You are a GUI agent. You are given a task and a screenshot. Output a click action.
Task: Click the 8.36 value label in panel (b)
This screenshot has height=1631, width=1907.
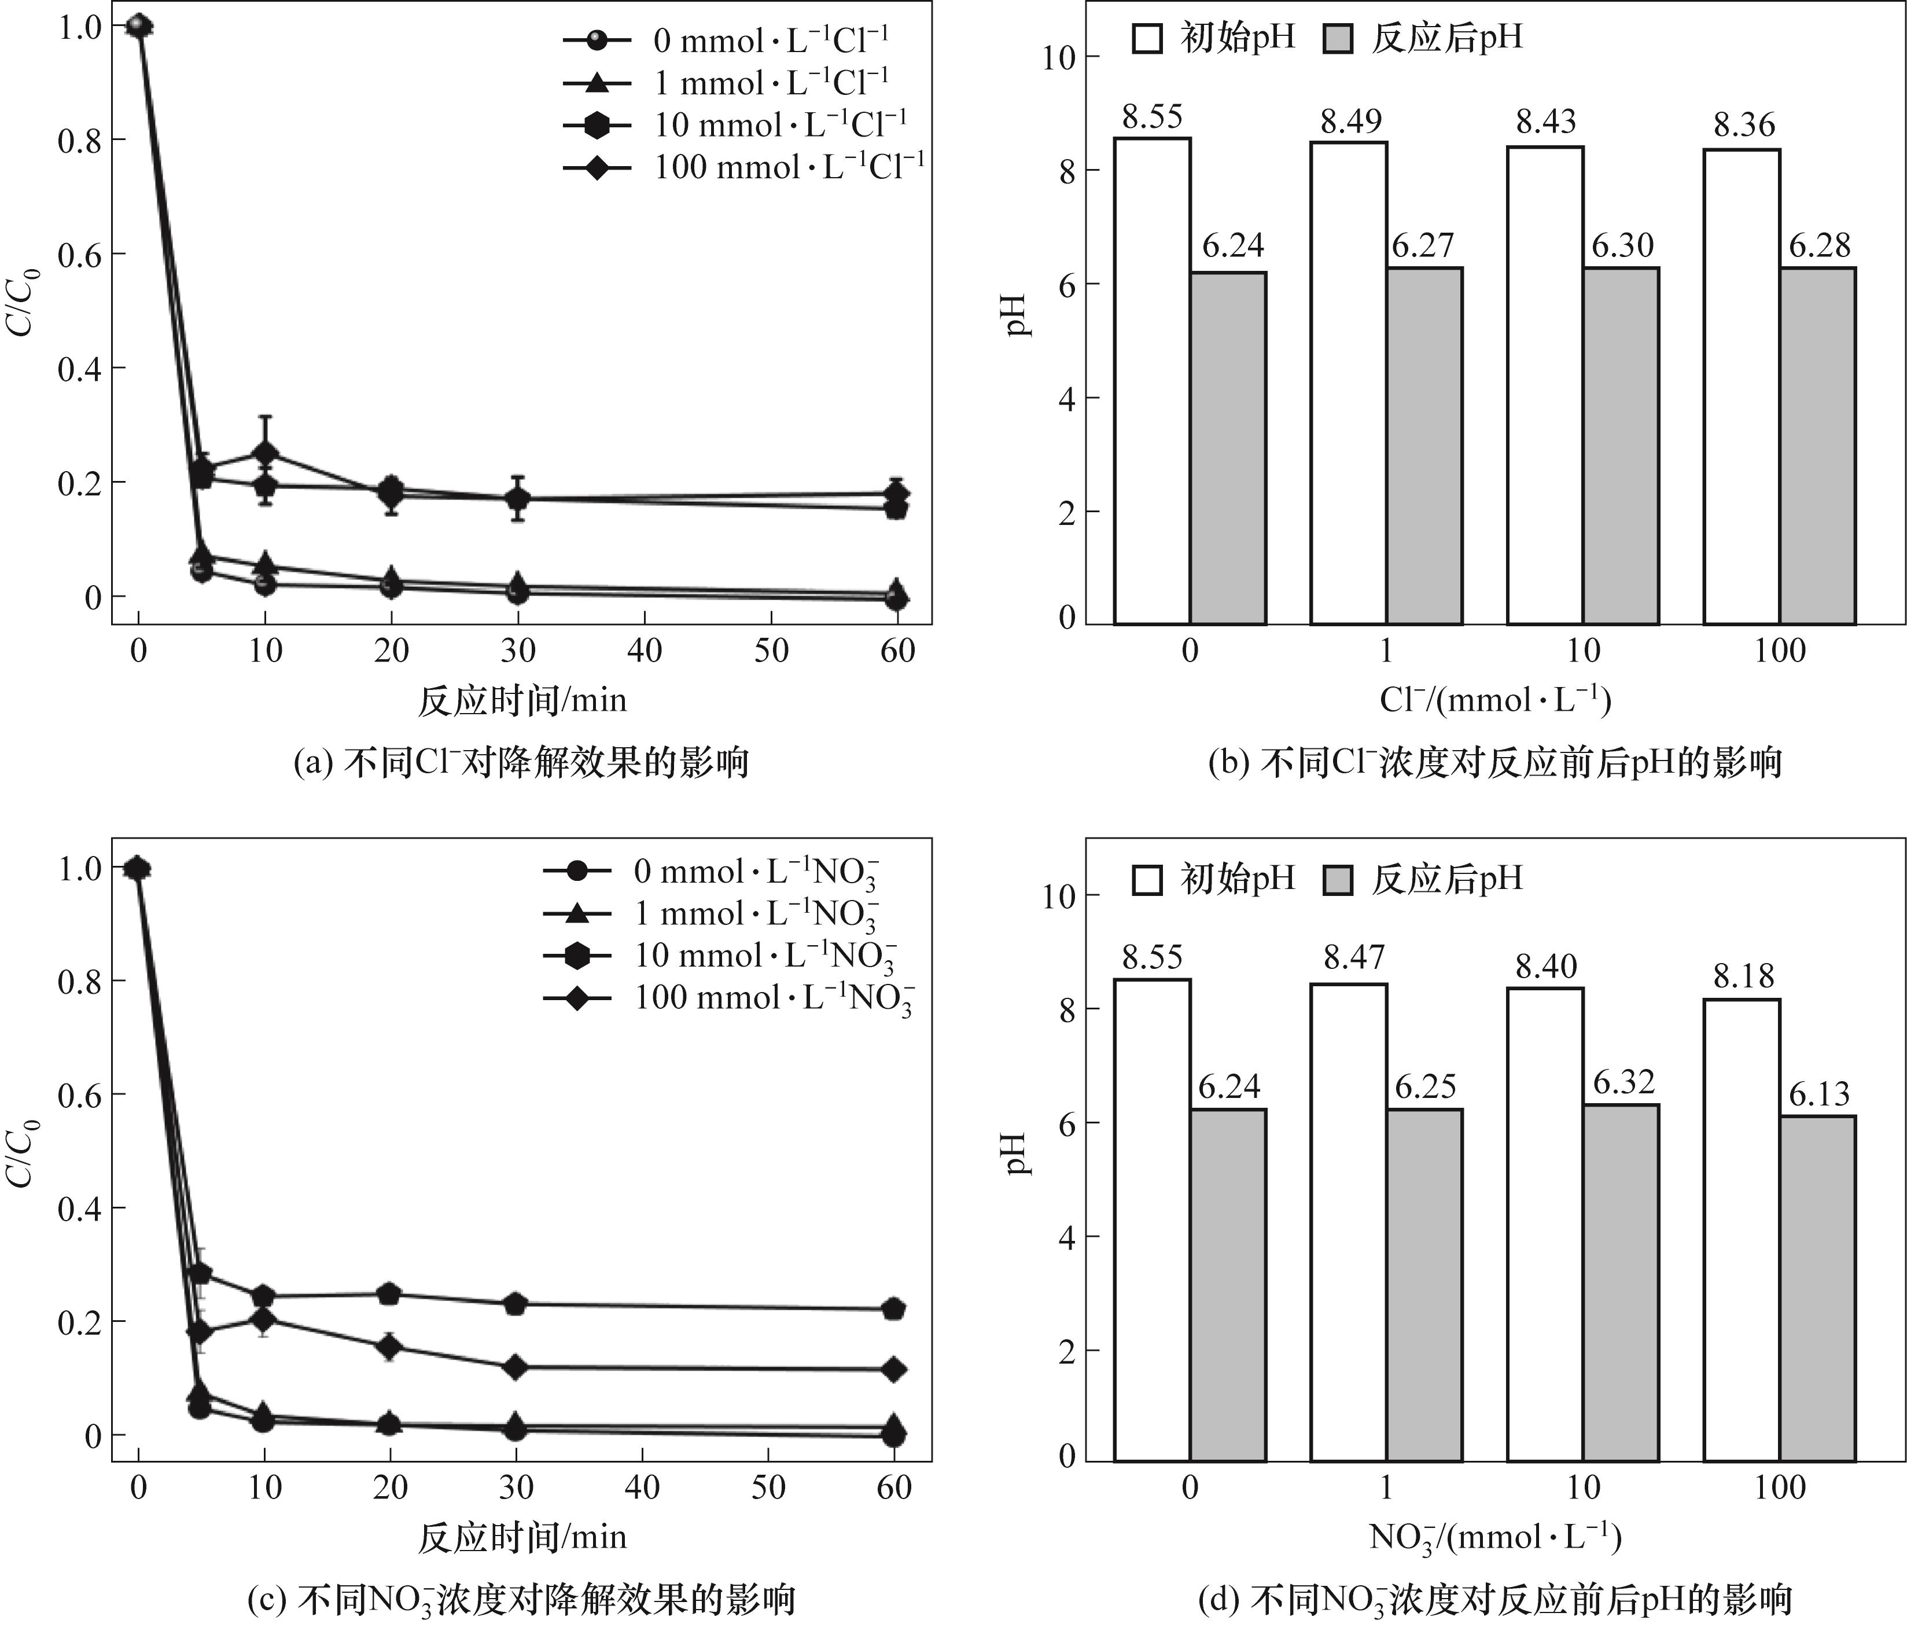[1743, 124]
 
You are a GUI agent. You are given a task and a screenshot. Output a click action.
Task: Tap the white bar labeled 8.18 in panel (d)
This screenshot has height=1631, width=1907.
[1742, 1230]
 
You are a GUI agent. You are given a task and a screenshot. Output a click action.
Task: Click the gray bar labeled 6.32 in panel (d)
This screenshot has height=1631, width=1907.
[1622, 1282]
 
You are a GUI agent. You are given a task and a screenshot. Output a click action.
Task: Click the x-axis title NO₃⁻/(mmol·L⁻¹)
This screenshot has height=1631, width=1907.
[1494, 1538]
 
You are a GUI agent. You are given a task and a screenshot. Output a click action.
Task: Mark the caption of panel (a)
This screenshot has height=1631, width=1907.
[521, 763]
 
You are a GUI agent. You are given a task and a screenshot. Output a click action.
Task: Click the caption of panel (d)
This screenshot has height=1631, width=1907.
[1494, 1600]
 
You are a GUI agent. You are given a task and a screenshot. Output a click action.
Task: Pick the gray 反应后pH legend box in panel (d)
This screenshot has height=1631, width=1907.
[1337, 880]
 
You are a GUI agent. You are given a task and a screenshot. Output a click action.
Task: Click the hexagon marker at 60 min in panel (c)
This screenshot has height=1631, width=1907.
[893, 1309]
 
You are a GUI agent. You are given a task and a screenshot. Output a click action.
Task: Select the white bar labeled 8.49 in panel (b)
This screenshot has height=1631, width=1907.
[1348, 383]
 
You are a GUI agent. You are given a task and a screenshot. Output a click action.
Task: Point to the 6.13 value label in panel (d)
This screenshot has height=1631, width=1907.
[1818, 1093]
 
